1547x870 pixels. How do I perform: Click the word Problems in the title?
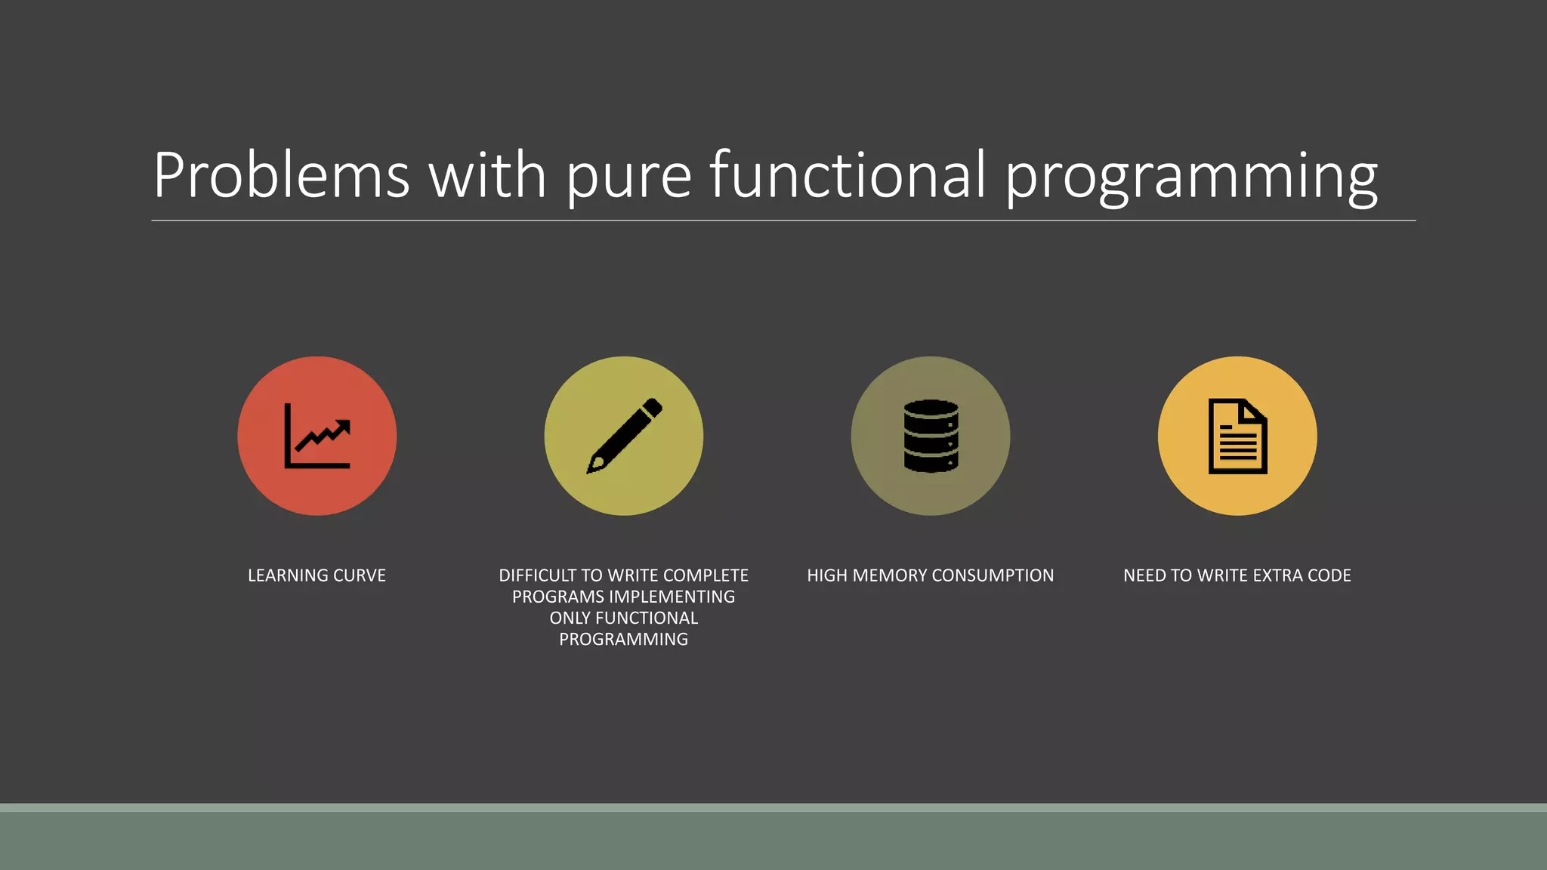tap(281, 175)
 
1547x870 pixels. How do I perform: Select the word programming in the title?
tap(1191, 178)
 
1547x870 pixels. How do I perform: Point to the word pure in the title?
tap(628, 178)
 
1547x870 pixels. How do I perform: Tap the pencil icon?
tap(624, 437)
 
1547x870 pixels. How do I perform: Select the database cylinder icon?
tap(931, 437)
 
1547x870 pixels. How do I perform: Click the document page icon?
tap(1237, 437)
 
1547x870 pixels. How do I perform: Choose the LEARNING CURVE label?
tap(317, 575)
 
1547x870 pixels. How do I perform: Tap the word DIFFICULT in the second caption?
tap(537, 575)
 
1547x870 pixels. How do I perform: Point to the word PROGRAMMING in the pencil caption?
tap(624, 640)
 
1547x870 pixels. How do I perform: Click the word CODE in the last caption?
tap(1329, 575)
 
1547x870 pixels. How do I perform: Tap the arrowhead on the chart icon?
tap(344, 427)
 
